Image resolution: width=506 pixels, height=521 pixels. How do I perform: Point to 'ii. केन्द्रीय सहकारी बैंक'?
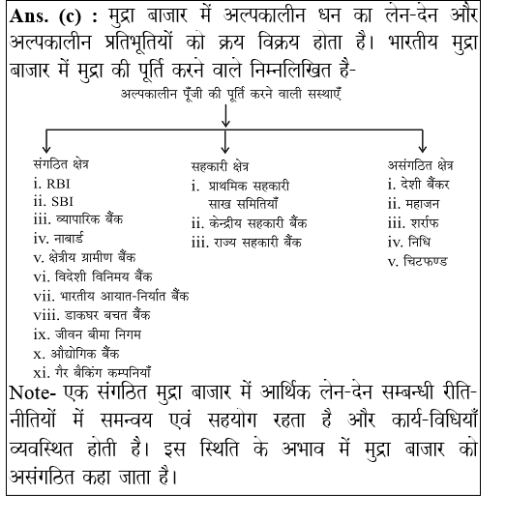click(x=250, y=222)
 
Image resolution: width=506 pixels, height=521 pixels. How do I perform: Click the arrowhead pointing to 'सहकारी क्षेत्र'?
click(x=224, y=147)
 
